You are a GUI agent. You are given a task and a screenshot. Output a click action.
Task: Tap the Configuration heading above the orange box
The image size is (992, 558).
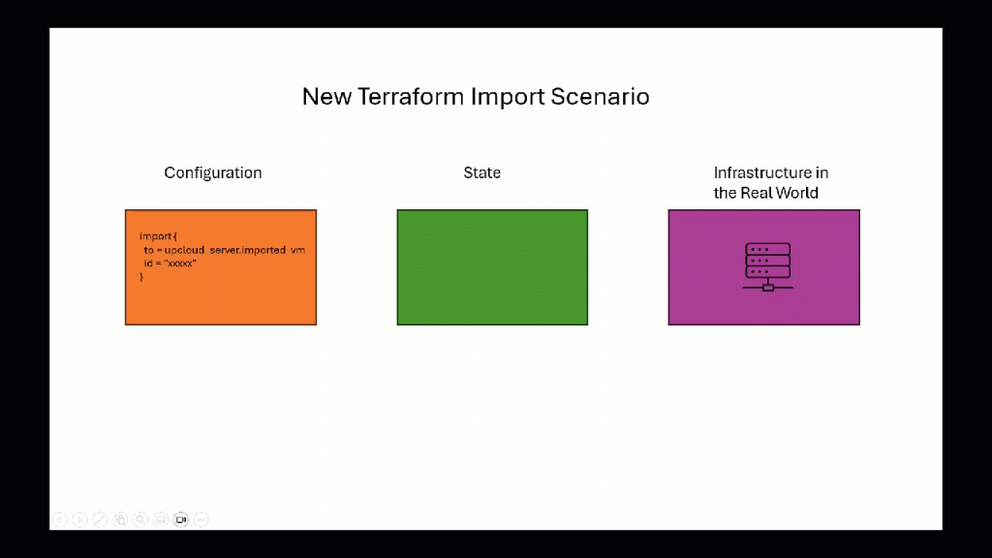tap(213, 172)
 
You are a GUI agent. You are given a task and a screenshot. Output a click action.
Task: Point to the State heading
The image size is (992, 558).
tap(481, 172)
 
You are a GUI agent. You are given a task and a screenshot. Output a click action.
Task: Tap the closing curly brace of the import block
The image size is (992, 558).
tap(141, 277)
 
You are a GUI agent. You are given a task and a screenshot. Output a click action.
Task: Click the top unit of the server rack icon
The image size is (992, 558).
tap(767, 249)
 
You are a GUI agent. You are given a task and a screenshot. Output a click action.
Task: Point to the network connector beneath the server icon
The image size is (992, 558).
tap(767, 287)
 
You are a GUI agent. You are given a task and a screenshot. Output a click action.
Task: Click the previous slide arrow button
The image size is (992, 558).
tap(60, 519)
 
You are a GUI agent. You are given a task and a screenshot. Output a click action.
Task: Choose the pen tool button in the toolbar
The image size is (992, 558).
tap(100, 519)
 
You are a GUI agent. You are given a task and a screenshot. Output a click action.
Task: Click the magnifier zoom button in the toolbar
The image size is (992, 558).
tap(140, 519)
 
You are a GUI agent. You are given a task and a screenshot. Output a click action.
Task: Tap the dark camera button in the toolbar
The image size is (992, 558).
tap(181, 519)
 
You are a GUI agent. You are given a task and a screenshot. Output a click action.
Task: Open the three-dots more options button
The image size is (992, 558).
tap(201, 519)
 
